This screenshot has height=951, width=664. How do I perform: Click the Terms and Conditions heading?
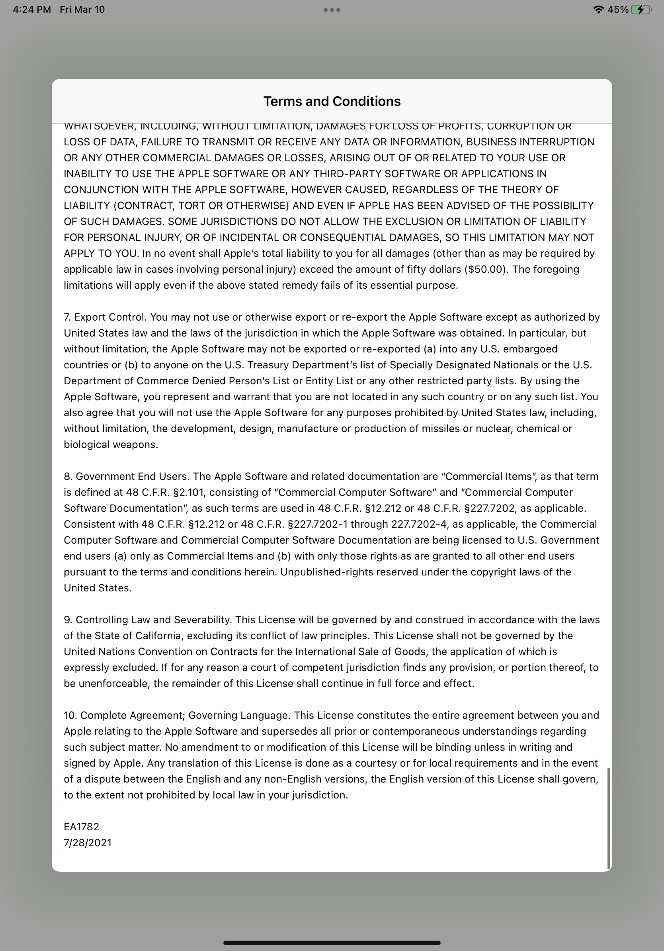(332, 102)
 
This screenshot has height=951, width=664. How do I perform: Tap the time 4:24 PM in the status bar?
(32, 10)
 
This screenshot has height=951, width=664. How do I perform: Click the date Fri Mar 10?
(82, 10)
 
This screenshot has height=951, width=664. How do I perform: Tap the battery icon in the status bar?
(641, 10)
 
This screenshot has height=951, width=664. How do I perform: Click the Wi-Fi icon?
(598, 10)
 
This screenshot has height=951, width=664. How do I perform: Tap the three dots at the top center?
(332, 10)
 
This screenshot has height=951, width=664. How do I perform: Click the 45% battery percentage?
(618, 10)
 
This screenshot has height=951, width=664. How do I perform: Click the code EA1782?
(82, 827)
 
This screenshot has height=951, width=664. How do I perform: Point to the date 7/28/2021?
(88, 843)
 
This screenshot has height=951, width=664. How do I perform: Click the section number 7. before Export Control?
(68, 317)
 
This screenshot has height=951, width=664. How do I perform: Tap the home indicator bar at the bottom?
(332, 943)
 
